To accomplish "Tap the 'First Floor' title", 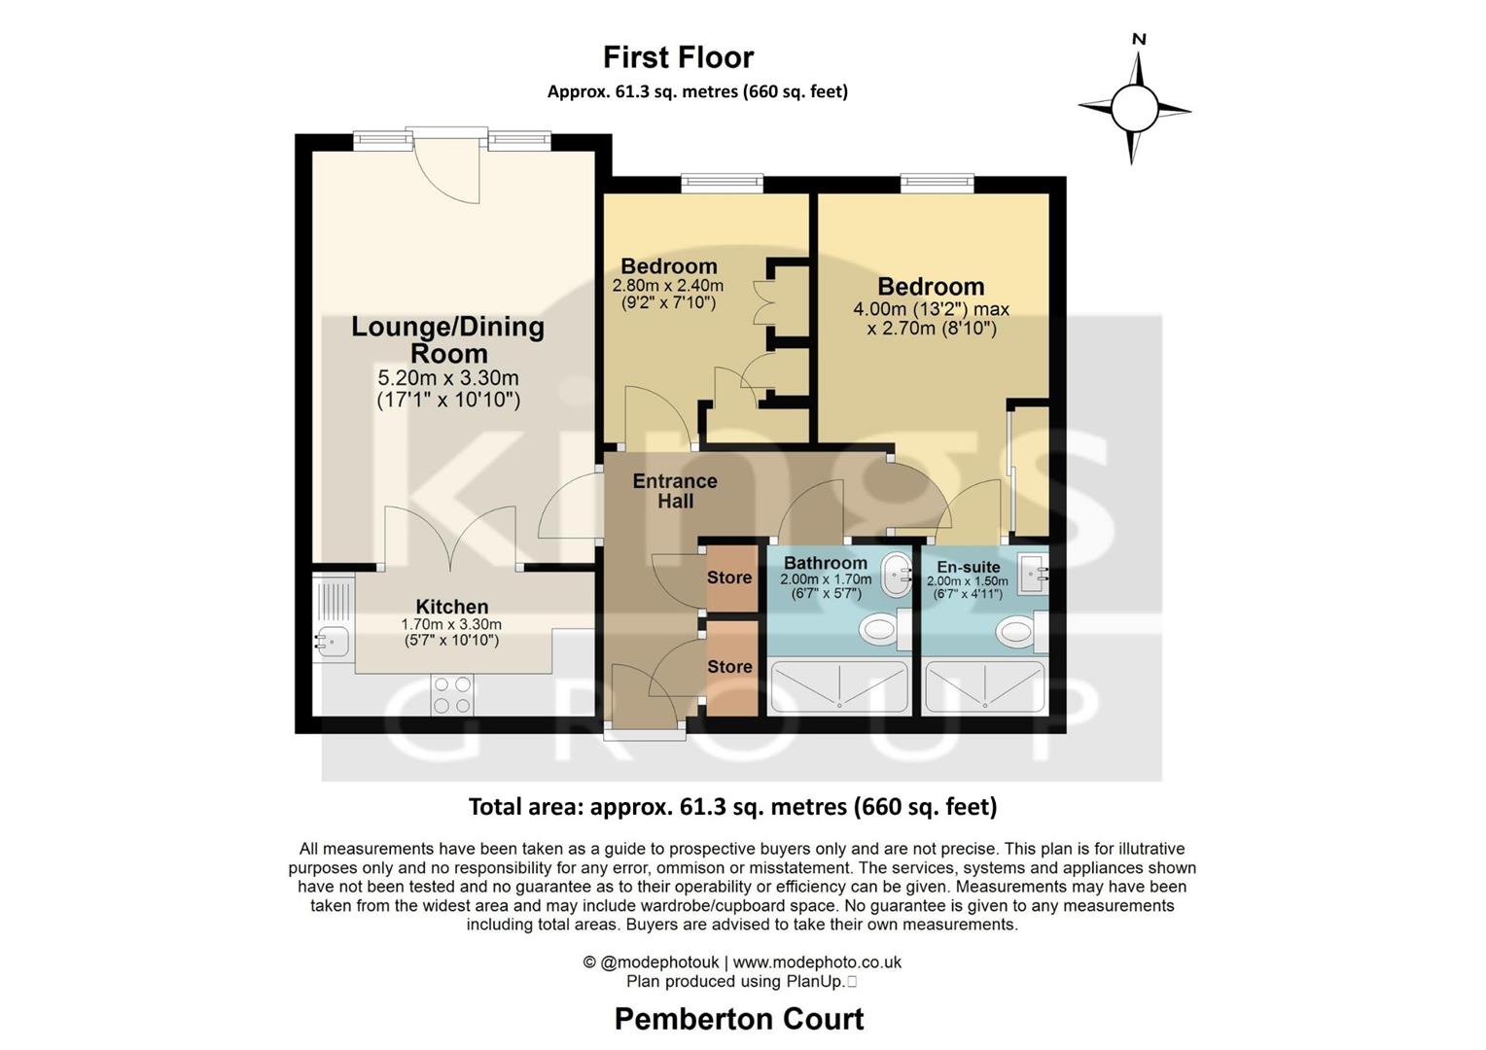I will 678,57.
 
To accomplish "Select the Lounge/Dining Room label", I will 447,339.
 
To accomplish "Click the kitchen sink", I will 333,641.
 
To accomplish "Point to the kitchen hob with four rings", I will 452,695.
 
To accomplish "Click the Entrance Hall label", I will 675,491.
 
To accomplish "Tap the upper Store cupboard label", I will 729,577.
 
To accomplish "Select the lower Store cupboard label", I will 729,667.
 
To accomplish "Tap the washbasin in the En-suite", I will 1033,574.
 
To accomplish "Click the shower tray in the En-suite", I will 984,686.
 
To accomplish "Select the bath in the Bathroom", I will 839,686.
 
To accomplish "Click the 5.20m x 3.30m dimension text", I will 447,378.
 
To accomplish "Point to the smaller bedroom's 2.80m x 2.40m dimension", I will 668,286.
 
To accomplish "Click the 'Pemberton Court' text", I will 739,1019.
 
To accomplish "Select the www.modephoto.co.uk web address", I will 817,962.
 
